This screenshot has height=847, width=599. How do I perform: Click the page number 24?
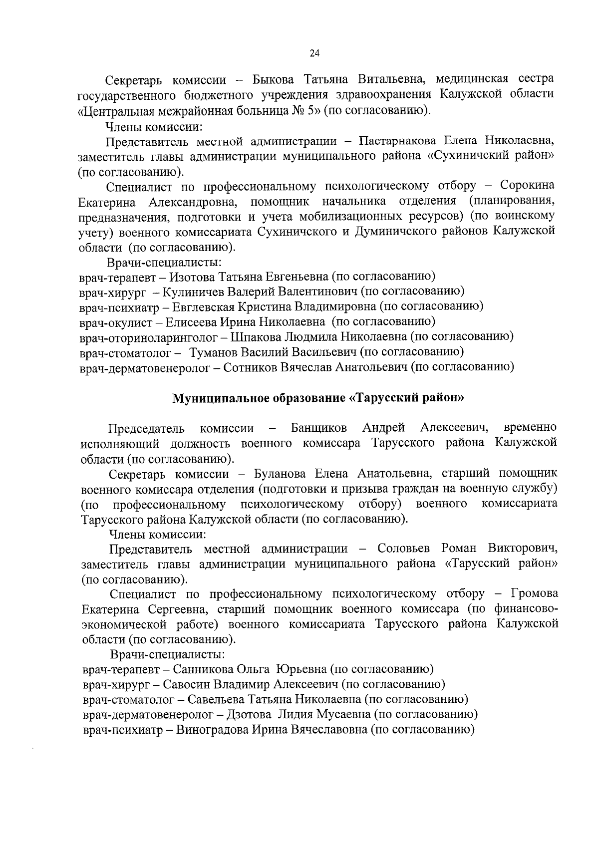(314, 53)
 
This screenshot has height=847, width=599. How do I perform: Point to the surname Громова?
(535, 594)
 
